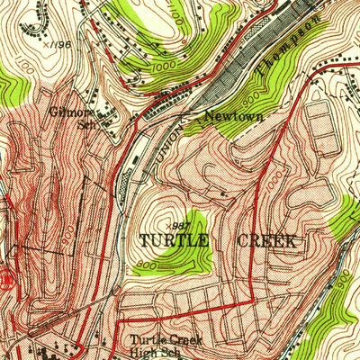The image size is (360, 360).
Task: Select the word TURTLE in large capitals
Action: (174, 241)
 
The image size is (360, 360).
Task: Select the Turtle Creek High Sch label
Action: (162, 346)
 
